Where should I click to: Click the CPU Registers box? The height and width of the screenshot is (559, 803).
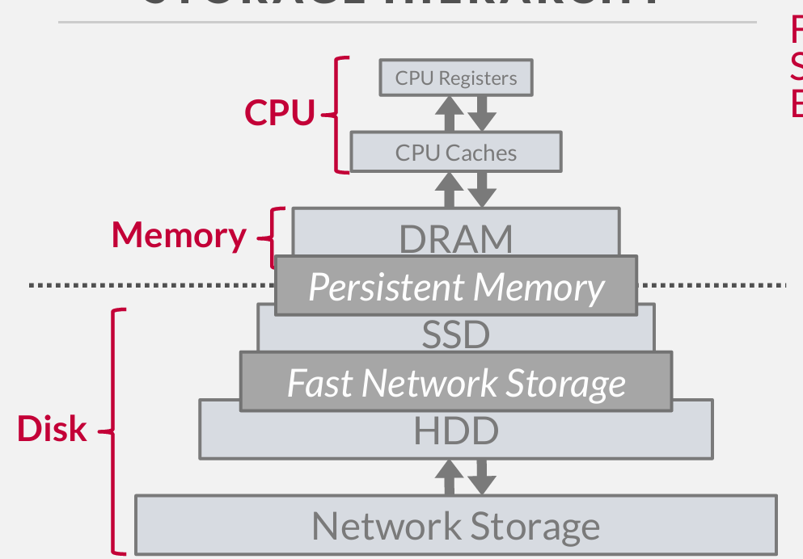coord(456,78)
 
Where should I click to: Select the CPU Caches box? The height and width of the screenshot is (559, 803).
coord(456,153)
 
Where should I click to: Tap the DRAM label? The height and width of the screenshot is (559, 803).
coord(456,238)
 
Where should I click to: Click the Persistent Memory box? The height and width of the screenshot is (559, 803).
coord(456,287)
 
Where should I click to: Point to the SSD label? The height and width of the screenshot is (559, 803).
coord(456,334)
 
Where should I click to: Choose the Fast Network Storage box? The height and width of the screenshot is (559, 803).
coord(456,382)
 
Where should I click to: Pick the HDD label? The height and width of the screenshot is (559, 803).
coord(456,431)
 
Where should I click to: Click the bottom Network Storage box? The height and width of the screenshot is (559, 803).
coord(456,526)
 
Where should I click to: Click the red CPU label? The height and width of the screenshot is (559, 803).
coord(280,113)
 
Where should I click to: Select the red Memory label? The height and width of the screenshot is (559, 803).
coord(179,234)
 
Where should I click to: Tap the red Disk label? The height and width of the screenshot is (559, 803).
coord(52,428)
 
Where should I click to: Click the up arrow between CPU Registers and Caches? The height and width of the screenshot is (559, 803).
coord(450,114)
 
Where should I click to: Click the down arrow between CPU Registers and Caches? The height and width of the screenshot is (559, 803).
coord(482,114)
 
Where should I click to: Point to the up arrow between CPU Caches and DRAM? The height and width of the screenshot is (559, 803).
coord(450,190)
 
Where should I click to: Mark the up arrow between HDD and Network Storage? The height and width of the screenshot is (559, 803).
coord(450,477)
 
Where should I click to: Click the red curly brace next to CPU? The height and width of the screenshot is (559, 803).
coord(338,114)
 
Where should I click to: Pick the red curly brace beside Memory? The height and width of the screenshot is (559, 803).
coord(273,237)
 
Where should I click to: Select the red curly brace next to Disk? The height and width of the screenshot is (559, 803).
coord(116,431)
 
